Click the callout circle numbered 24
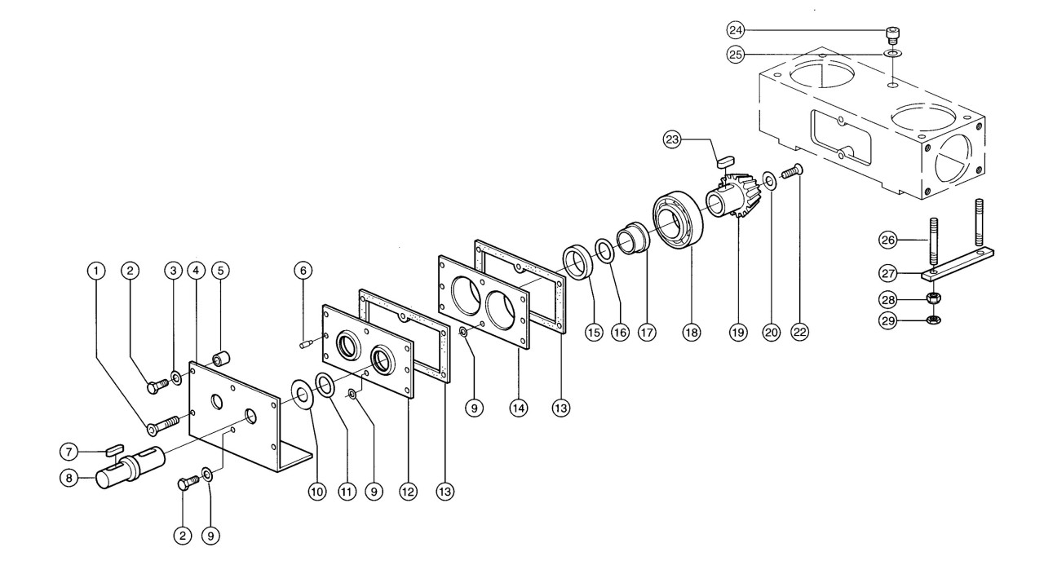coord(736,30)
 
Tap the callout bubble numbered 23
coord(672,139)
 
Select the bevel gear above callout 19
coord(732,195)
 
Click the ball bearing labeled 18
coord(678,219)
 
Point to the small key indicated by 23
coord(726,161)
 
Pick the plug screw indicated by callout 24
coord(892,36)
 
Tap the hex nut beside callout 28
coord(934,298)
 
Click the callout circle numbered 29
coord(888,320)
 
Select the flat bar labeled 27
coord(957,265)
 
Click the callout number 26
coord(888,240)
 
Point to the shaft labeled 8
coord(130,467)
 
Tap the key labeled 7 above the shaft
coord(115,450)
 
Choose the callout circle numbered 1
coord(96,271)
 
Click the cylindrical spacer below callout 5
coord(221,360)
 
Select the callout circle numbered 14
coord(518,408)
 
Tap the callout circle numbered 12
coord(409,492)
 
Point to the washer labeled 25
coord(893,54)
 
